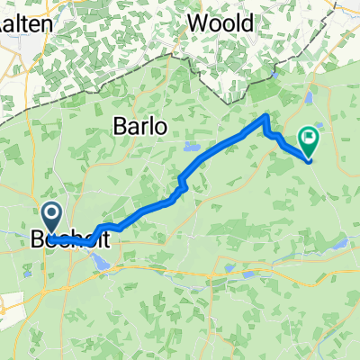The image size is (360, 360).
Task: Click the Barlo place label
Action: click(139, 127)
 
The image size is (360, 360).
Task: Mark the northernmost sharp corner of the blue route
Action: click(265, 115)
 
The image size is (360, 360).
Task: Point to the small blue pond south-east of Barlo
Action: click(190, 146)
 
